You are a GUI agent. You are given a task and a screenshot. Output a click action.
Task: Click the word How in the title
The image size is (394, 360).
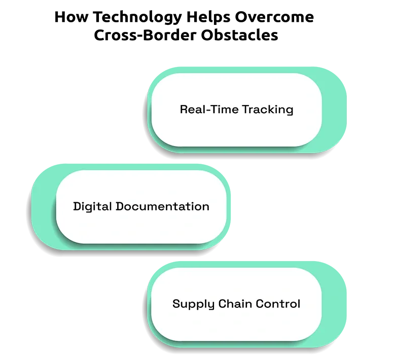coord(71,17)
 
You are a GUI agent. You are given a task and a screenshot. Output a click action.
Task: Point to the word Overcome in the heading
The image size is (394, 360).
coord(274,17)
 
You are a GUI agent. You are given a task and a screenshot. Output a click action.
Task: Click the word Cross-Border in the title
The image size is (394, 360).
coord(145,35)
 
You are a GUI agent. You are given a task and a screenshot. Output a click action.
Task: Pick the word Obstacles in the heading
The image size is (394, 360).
coord(239,35)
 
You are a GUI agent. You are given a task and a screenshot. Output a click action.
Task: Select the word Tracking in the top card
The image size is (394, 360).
coord(268,110)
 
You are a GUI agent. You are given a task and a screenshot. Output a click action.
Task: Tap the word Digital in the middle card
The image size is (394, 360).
coord(92,207)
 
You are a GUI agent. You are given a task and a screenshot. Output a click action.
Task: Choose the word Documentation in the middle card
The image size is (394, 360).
coord(162,206)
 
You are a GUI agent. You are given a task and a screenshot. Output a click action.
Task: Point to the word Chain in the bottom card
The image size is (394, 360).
coord(235,304)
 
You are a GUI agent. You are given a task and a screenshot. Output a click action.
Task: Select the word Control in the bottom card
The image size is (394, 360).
coord(278,304)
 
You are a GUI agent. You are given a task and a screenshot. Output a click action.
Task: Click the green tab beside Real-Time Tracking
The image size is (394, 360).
coord(334,110)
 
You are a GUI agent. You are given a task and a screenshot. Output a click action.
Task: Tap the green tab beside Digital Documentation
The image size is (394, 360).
coord(43,207)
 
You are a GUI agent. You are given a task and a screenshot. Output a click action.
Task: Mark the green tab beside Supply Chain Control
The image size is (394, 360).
coord(334,305)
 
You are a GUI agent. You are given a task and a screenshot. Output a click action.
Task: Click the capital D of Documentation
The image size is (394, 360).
coord(120,206)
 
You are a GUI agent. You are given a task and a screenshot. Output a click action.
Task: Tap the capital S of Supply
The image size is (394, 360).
coord(176,304)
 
